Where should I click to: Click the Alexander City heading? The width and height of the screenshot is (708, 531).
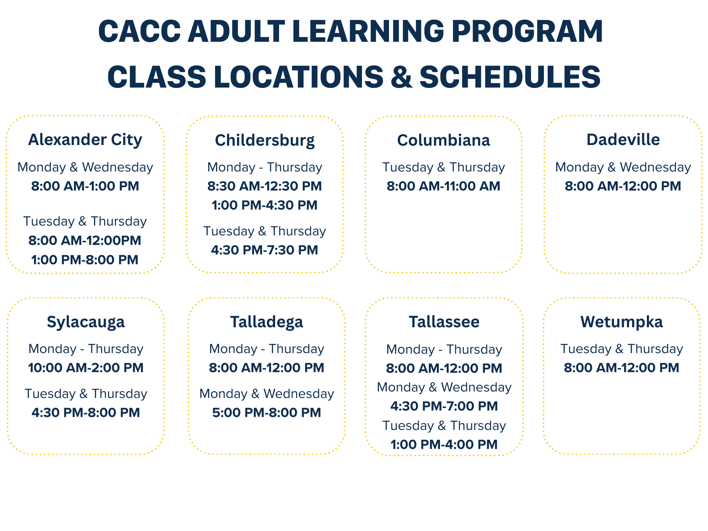[85, 140]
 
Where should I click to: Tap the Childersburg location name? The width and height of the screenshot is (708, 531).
[265, 140]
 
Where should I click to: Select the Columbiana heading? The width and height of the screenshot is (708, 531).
[444, 140]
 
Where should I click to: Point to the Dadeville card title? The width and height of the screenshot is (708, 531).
[623, 140]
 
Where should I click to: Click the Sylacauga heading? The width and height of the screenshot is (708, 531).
[86, 322]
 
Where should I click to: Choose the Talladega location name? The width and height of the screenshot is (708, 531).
[267, 322]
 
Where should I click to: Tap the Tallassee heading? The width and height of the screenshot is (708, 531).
[444, 322]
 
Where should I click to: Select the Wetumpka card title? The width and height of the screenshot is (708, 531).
[622, 322]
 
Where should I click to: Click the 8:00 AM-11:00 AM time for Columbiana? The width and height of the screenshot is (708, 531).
[443, 186]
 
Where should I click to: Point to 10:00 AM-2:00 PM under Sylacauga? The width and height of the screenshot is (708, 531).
[86, 368]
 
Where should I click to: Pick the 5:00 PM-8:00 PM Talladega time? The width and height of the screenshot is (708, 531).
[267, 413]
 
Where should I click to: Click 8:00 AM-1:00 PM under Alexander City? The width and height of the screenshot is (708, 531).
[85, 186]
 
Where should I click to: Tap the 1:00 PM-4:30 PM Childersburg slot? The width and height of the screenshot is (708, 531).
[265, 205]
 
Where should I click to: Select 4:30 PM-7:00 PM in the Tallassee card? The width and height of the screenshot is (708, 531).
[444, 406]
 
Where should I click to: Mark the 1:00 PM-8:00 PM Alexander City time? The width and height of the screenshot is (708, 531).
[85, 260]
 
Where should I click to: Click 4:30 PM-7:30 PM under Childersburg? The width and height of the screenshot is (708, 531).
[265, 250]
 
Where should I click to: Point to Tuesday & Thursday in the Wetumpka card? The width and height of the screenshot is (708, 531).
[622, 349]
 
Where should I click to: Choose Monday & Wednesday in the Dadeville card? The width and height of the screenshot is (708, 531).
[623, 167]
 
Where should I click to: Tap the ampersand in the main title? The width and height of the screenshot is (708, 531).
[401, 77]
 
